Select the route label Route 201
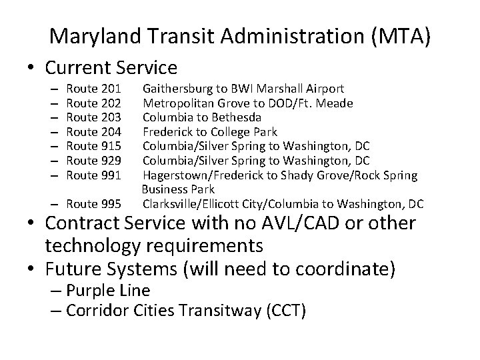[94, 89]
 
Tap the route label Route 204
[94, 131]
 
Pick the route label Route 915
[94, 146]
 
